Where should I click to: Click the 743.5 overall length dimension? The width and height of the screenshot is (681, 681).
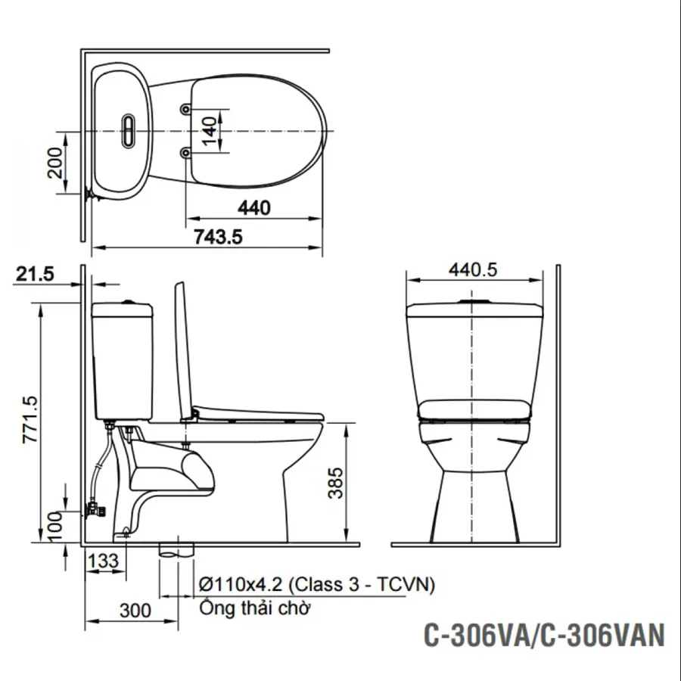218,237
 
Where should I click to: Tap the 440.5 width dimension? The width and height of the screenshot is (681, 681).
473,269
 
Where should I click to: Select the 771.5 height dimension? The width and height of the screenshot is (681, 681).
30,419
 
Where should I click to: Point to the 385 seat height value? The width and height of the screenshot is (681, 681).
335,483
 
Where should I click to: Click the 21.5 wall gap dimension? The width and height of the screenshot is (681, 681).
35,274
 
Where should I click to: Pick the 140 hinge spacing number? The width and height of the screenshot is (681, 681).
210,131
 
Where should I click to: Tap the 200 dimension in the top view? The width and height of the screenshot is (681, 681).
55,163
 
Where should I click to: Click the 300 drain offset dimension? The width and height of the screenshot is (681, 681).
135,611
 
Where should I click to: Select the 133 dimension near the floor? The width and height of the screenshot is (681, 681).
104,561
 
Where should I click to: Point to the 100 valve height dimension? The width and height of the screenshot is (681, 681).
55,527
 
